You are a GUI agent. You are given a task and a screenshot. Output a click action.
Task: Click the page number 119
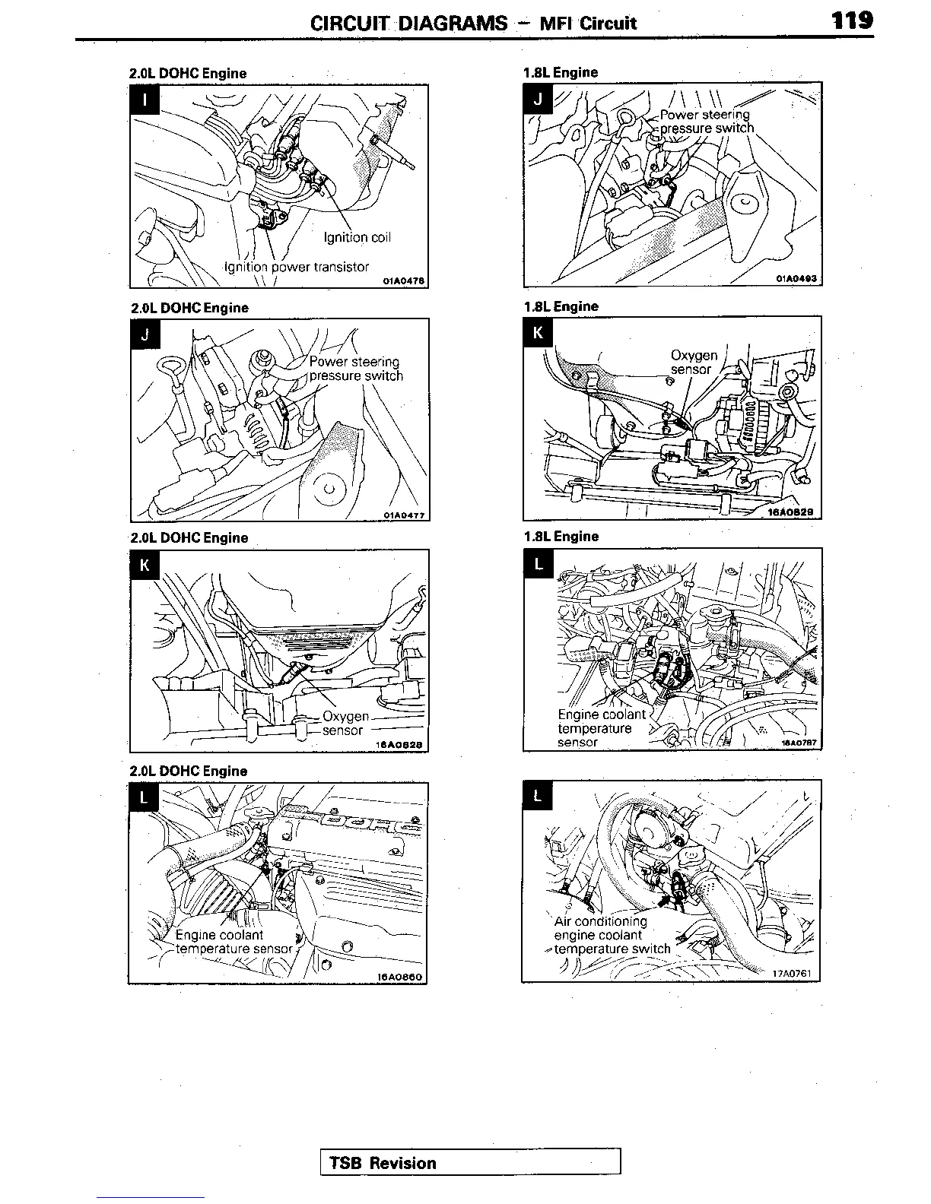point(852,20)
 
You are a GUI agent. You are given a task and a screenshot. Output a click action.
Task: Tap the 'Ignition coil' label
point(357,237)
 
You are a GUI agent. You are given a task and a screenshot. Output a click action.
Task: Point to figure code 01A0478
point(402,281)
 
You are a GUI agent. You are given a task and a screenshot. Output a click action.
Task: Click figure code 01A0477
point(404,515)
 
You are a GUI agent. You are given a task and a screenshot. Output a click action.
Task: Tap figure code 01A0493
point(796,279)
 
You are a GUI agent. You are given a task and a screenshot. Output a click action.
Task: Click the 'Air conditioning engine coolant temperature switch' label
point(612,935)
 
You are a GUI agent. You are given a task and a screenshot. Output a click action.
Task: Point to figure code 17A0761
point(793,973)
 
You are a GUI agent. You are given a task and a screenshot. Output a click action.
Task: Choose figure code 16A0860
point(399,977)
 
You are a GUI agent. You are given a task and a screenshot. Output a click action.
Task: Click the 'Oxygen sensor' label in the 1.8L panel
point(693,362)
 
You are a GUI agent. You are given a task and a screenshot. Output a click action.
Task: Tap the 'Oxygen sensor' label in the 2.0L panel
point(345,724)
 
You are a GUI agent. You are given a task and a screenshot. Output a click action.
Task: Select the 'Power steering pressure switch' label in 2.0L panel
point(355,369)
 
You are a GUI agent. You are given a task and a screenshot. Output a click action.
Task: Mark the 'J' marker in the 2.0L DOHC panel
point(145,335)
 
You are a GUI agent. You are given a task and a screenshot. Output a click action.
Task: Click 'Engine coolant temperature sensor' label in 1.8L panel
point(601,728)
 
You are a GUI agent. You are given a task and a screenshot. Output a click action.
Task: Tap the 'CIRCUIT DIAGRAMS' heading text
point(408,23)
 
